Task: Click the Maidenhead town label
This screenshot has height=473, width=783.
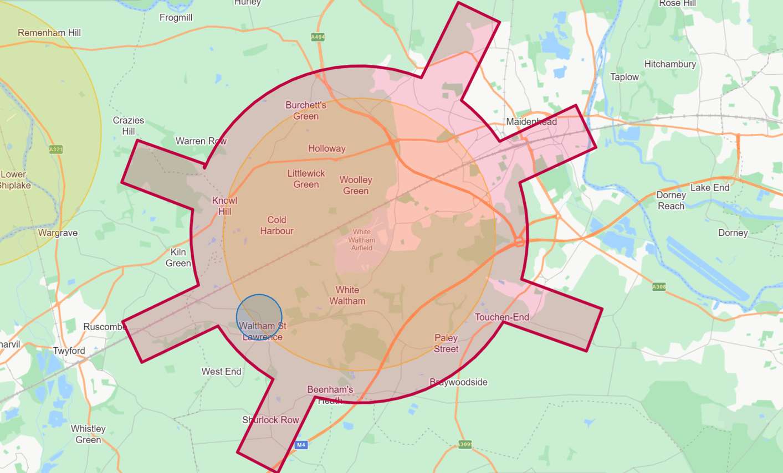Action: click(x=531, y=122)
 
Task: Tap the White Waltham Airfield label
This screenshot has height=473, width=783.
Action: click(x=362, y=240)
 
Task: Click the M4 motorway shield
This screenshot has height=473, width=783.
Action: click(x=301, y=445)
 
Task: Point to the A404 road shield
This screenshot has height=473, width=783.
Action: click(x=318, y=37)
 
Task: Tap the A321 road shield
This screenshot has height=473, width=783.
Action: click(x=56, y=150)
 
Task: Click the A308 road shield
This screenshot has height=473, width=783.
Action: click(x=659, y=287)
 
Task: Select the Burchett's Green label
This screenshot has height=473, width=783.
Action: click(x=306, y=111)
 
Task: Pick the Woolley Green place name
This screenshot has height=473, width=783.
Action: click(x=356, y=186)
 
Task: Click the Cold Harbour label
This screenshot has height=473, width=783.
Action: click(x=277, y=225)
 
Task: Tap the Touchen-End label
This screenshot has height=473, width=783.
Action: click(x=502, y=317)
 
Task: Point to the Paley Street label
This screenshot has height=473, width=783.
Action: click(x=446, y=343)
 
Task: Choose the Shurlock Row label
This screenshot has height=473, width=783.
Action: click(x=270, y=420)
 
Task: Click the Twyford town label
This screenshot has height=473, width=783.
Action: click(x=69, y=351)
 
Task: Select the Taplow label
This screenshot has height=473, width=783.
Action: click(x=625, y=77)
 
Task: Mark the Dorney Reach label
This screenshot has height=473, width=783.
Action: click(x=671, y=200)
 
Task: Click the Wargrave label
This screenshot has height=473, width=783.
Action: click(x=58, y=233)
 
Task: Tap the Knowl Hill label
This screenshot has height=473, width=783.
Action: click(x=224, y=206)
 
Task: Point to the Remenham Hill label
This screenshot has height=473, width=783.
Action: click(x=49, y=33)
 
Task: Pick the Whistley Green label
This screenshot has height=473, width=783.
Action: click(x=88, y=434)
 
